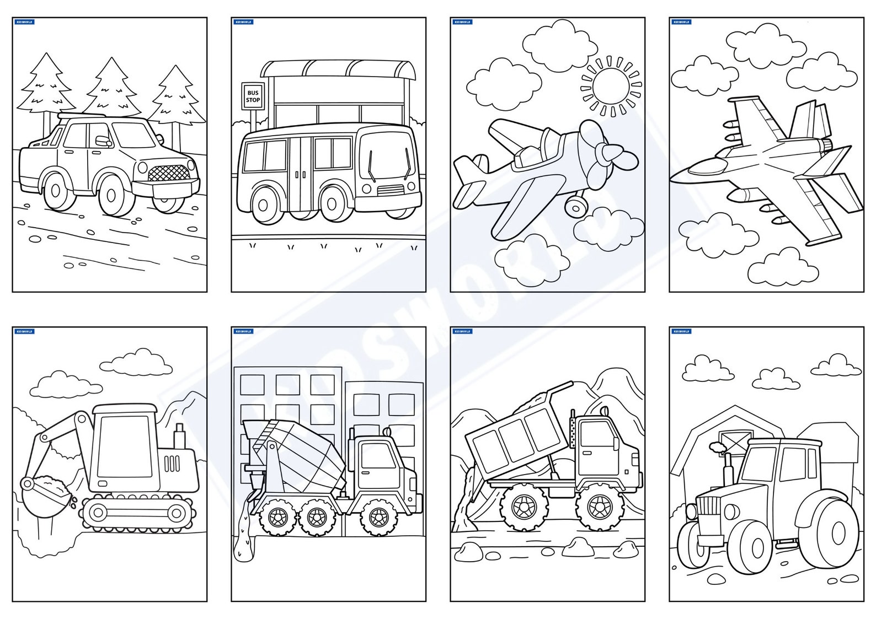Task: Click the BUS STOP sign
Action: pyautogui.click(x=253, y=96)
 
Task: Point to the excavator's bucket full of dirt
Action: pyautogui.click(x=47, y=489)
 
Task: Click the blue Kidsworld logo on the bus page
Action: pyautogui.click(x=243, y=23)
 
